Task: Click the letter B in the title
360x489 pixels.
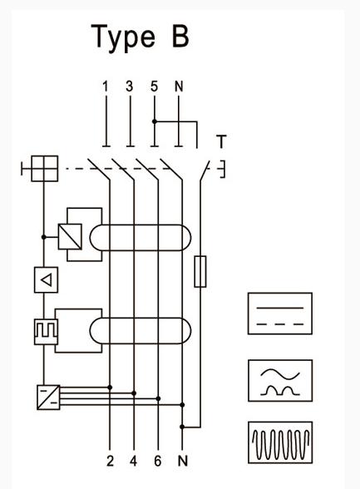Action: (x=180, y=36)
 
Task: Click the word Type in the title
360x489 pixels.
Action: (x=123, y=38)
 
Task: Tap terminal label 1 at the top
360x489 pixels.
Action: (x=106, y=86)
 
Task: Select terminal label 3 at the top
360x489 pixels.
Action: (x=130, y=86)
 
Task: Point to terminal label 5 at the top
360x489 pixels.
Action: (x=154, y=86)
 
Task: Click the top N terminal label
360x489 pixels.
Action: (x=179, y=86)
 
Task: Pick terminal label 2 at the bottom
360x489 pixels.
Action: (x=110, y=461)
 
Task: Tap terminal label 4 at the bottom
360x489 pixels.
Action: (x=134, y=461)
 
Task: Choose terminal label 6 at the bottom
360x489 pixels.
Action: (x=158, y=461)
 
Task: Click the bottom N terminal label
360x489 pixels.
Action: (x=183, y=461)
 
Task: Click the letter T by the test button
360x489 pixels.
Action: (x=221, y=141)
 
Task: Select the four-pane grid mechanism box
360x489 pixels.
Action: (x=45, y=168)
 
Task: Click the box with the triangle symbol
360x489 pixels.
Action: (x=46, y=279)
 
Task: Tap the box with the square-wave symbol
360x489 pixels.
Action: (x=46, y=332)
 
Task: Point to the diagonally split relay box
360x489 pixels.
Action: (x=70, y=237)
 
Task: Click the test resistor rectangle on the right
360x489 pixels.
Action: (x=200, y=271)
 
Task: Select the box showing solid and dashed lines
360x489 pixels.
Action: (x=280, y=314)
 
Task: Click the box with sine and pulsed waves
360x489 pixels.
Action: (x=280, y=381)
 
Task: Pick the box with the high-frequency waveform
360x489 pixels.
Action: (x=280, y=442)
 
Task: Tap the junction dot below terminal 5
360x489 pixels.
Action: (x=155, y=121)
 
